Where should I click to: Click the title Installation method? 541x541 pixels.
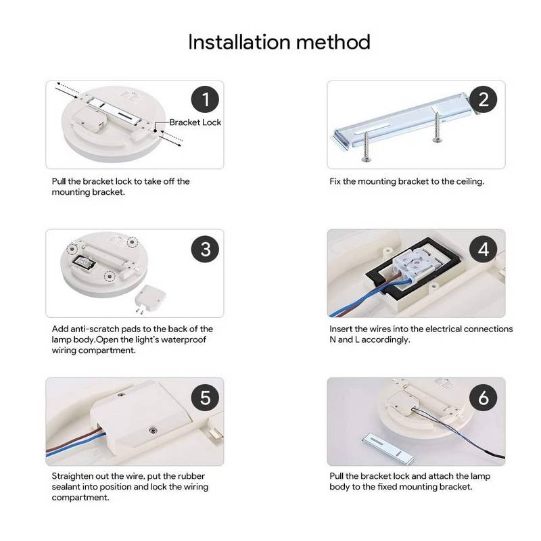pyautogui.click(x=279, y=42)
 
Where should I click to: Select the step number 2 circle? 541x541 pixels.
pyautogui.click(x=483, y=100)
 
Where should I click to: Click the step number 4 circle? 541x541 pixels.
pyautogui.click(x=483, y=249)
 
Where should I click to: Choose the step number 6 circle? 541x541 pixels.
pyautogui.click(x=483, y=398)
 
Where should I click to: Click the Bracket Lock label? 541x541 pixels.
pyautogui.click(x=195, y=122)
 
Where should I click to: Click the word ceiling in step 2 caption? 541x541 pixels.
pyautogui.click(x=467, y=181)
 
